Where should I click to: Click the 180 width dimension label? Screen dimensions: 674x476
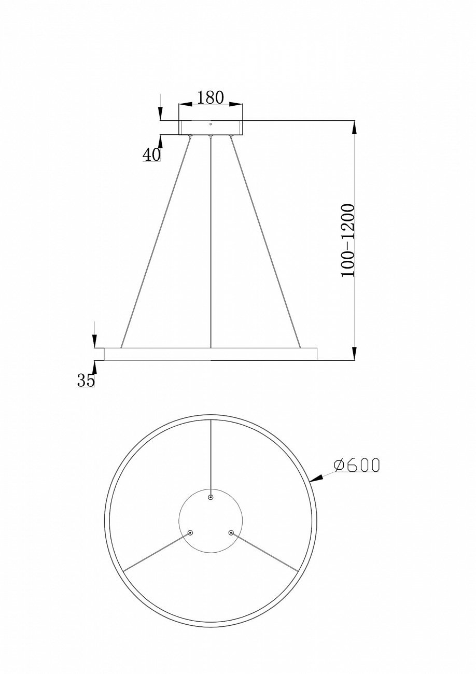coord(210,97)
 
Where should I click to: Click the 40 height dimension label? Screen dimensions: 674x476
coord(151,155)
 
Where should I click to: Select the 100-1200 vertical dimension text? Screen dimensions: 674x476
coord(347,240)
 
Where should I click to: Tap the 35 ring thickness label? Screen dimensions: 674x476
coord(86,380)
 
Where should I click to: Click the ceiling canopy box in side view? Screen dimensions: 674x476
coord(211,128)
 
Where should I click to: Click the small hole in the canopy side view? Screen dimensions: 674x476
coord(211,124)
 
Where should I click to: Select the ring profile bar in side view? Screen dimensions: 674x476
coord(211,354)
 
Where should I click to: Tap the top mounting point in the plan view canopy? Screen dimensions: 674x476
coord(211,498)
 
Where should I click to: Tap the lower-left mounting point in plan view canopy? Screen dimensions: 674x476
coord(190,532)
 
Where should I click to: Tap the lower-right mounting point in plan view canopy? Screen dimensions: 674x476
coord(231,532)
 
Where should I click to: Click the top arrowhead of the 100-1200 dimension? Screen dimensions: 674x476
coord(354,127)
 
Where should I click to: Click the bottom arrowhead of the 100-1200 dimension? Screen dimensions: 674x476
coord(354,354)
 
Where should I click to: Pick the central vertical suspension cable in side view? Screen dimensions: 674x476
coord(211,238)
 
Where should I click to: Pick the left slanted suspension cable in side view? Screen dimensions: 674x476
coord(156,241)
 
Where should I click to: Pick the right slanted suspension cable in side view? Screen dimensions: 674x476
coord(265,241)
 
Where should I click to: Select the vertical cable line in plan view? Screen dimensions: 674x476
coord(211,456)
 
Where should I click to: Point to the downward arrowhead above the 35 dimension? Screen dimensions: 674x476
coord(94,342)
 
